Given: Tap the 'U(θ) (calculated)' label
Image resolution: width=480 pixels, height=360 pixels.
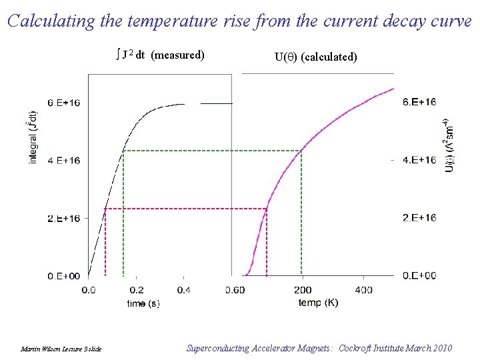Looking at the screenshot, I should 315,57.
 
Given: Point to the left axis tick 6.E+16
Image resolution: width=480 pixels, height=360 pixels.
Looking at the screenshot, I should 64,103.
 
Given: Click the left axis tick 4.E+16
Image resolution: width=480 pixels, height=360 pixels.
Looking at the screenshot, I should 64,160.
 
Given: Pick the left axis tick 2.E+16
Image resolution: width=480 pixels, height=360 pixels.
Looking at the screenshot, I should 64,218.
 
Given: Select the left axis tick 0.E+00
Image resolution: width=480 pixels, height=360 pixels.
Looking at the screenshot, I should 64,275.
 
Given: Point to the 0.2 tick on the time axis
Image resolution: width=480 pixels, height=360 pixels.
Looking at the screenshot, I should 136,290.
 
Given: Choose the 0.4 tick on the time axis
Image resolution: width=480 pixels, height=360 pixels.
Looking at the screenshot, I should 184,290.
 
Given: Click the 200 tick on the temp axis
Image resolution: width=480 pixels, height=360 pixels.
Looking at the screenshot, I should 302,290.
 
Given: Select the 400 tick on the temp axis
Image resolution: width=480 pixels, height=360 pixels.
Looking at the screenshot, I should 363,290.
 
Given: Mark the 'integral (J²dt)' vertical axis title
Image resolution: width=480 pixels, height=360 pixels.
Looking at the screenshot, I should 33,137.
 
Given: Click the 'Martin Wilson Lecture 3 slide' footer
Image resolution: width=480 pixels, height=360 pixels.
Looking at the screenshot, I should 61,349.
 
